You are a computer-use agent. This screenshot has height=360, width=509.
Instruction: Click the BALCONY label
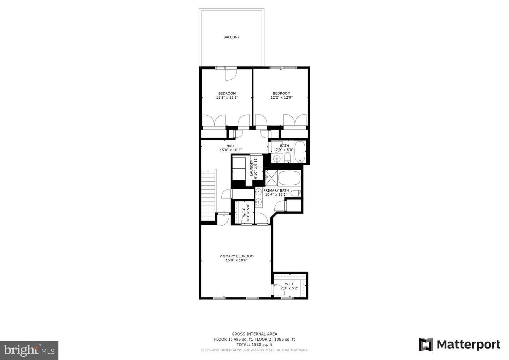coord(231,37)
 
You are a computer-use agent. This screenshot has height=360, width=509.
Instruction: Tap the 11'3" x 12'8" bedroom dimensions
coord(227,97)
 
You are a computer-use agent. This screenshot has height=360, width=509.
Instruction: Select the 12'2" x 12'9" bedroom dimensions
coord(282,97)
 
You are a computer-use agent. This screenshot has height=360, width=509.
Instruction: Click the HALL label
coord(230,146)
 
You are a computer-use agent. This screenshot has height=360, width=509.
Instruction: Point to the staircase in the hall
coord(209,194)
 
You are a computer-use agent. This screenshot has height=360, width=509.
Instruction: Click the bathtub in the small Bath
coord(300,152)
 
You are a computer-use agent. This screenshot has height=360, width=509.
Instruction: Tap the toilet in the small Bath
coord(288,157)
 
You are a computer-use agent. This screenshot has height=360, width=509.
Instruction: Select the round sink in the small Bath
coord(277,159)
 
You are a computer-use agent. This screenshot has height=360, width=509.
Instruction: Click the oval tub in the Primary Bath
coord(289,178)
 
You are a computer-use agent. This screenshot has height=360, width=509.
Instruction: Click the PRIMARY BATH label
coord(276,190)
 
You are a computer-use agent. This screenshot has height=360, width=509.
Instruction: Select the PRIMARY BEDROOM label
coord(236,256)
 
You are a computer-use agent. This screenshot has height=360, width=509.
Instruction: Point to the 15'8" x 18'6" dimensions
coord(236,260)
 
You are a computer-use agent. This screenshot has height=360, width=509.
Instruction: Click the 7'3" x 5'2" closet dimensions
coord(289,288)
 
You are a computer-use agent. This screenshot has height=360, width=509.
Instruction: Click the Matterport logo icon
coord(426,344)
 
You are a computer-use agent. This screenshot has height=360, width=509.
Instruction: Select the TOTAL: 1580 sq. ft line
coord(254,344)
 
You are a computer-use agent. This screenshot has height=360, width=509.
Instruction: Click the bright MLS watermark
coord(29,350)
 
